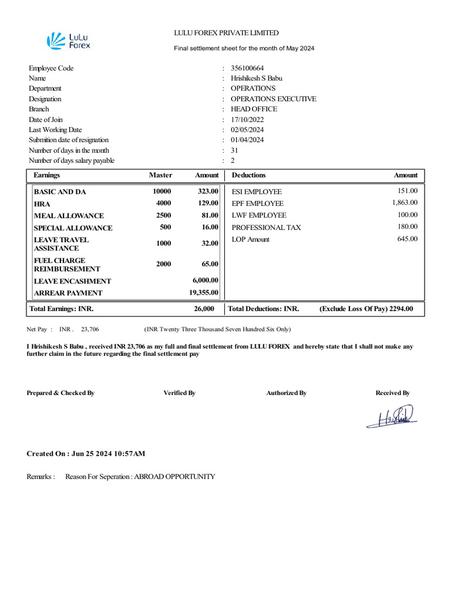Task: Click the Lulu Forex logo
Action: [x=69, y=41]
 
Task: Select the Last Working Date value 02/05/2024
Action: [x=247, y=130]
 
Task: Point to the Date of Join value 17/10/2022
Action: [x=247, y=119]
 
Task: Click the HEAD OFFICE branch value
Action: [x=254, y=109]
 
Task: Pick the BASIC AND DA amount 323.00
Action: [x=208, y=192]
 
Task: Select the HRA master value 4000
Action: [x=163, y=203]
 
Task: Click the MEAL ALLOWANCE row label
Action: [x=69, y=216]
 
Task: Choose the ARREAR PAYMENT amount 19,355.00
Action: [x=203, y=292]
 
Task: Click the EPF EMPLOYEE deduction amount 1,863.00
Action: [x=405, y=203]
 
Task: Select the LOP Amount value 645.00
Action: [x=408, y=239]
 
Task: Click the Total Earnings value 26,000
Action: [x=204, y=309]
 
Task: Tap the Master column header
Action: [x=160, y=175]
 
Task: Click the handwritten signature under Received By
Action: [x=391, y=417]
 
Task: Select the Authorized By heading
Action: [x=286, y=393]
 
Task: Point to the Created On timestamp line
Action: [x=86, y=454]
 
